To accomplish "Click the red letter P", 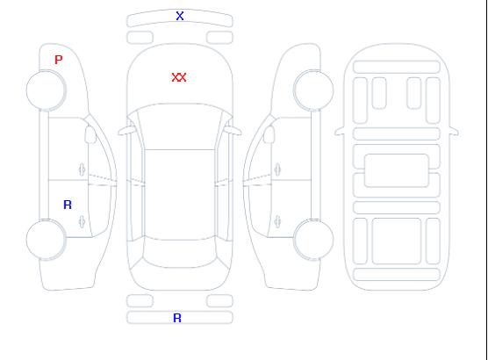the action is click(59, 60).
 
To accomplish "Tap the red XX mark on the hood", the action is click(179, 77).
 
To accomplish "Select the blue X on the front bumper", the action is click(180, 16).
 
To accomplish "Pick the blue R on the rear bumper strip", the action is click(177, 318).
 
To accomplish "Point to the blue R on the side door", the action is click(68, 205).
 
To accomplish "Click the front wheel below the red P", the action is click(46, 90).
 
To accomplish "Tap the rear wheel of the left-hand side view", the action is click(46, 240).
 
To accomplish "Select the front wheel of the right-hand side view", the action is click(313, 90).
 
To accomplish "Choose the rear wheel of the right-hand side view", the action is click(313, 240).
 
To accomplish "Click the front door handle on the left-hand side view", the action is click(83, 169).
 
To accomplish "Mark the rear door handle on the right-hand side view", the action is click(277, 222).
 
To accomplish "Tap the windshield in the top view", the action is click(180, 126).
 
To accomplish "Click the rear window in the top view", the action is click(180, 254).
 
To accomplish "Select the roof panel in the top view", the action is click(180, 195).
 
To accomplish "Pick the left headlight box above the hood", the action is click(140, 38).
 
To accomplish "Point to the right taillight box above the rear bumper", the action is click(219, 301).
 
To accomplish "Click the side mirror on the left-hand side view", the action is click(90, 134).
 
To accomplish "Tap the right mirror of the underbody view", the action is click(454, 131).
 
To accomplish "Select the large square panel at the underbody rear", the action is click(397, 241).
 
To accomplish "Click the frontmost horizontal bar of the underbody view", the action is click(397, 68).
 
